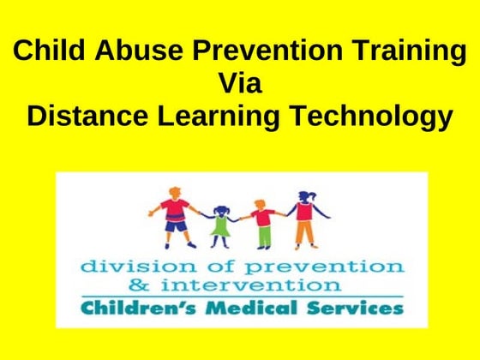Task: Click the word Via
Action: [241, 84]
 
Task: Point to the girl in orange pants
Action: [305, 219]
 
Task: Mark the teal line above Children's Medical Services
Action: [240, 295]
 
